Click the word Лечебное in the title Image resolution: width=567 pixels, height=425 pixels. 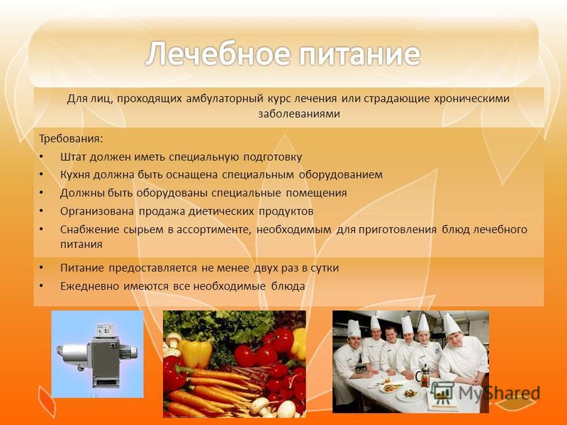click(218, 54)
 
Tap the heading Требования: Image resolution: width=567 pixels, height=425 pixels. click(71, 139)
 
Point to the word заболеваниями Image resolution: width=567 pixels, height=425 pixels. click(299, 113)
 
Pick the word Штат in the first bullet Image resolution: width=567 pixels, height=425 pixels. click(74, 157)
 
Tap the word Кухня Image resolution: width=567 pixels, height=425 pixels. click(75, 175)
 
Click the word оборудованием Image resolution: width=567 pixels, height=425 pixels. click(340, 175)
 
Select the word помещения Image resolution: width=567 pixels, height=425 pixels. click(316, 193)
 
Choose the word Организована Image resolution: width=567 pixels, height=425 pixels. click(97, 211)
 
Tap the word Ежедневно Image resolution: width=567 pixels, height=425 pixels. click(89, 286)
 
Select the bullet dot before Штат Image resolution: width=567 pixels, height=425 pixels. click(41, 156)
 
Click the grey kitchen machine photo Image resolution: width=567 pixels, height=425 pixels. click(98, 354)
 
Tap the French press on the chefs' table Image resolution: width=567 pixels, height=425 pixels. click(425, 375)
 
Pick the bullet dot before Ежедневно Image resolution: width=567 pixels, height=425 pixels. click(41, 285)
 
